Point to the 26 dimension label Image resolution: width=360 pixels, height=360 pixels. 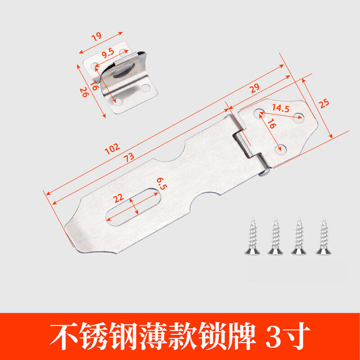[83, 92]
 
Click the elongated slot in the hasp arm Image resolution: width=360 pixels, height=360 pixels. [135, 206]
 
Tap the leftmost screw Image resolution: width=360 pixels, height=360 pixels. [251, 238]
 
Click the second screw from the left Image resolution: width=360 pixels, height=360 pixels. [274, 238]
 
